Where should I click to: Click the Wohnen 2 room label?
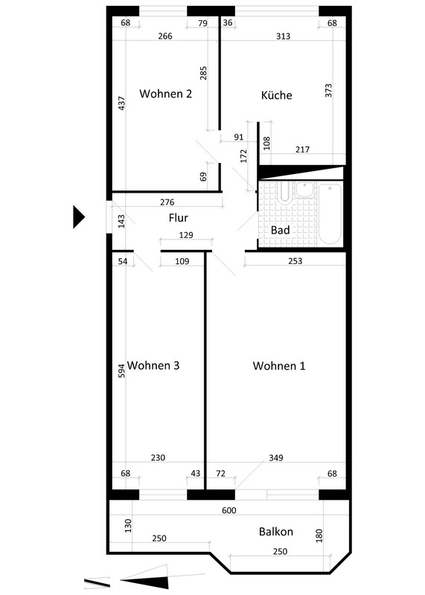tap(165, 94)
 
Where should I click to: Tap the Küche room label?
tap(276, 95)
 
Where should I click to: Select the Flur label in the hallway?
tap(179, 218)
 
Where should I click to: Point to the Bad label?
tap(281, 230)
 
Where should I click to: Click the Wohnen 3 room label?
tap(153, 365)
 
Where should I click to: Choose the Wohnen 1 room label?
tap(279, 366)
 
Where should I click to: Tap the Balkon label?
tap(276, 532)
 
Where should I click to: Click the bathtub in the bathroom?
tap(330, 213)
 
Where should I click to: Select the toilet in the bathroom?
tap(284, 192)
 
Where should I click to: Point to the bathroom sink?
tap(304, 189)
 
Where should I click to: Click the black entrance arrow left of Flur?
tap(79, 216)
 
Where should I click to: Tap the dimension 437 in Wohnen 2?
tap(122, 103)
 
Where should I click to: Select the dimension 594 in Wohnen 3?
tap(121, 370)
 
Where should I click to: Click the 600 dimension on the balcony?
tap(229, 510)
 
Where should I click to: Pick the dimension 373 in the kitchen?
tap(328, 90)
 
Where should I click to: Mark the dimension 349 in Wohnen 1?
tap(276, 457)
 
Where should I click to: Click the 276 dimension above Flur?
tap(167, 202)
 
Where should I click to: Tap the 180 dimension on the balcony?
tap(319, 535)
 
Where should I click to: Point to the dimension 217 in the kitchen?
tap(302, 149)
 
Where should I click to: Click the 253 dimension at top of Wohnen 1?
tap(295, 261)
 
